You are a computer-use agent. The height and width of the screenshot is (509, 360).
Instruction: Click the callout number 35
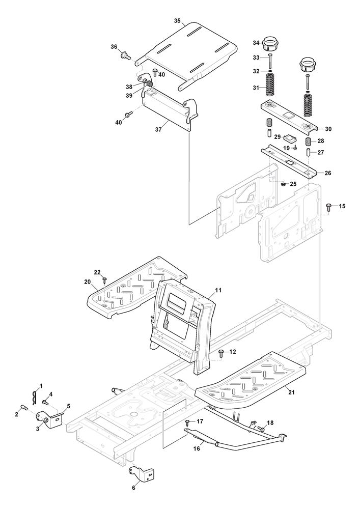click(x=177, y=21)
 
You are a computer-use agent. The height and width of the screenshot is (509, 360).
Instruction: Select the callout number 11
click(x=218, y=290)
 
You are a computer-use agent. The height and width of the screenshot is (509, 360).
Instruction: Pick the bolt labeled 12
click(x=221, y=352)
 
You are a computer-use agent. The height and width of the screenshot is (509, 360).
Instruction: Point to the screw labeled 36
click(x=124, y=54)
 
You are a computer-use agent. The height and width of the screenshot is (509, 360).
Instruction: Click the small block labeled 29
click(x=291, y=138)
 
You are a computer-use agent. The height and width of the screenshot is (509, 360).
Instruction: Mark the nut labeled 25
click(x=282, y=183)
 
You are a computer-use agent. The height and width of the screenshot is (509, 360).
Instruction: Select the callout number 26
click(x=327, y=173)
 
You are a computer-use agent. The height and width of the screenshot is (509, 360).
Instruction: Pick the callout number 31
click(x=256, y=88)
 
